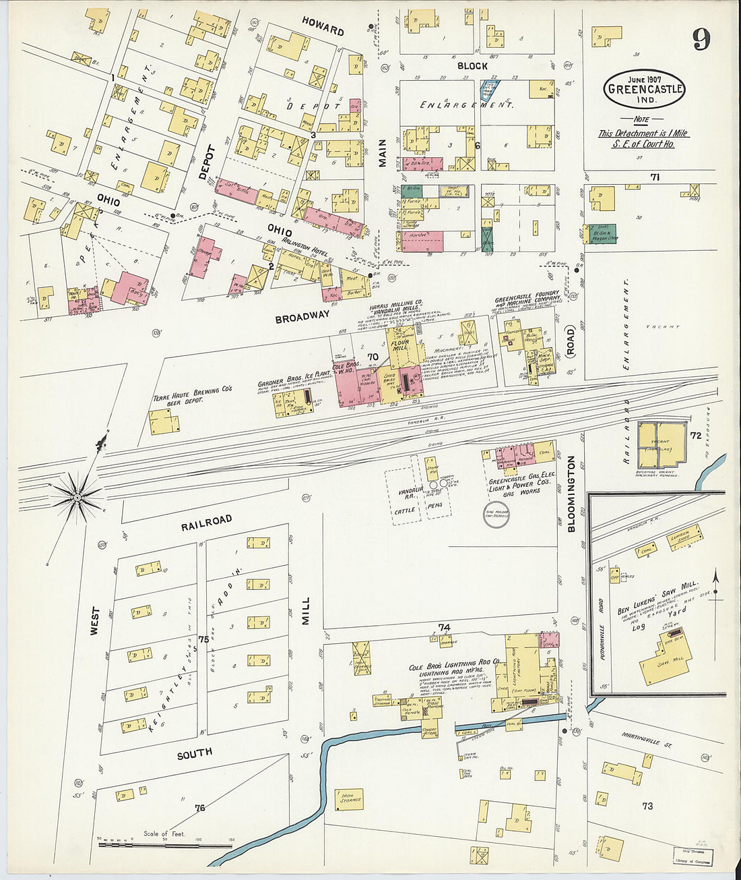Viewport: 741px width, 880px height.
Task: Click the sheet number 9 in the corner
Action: [x=701, y=40]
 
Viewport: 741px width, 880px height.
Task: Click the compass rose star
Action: [x=77, y=497]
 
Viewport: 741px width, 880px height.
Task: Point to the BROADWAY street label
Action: [x=302, y=316]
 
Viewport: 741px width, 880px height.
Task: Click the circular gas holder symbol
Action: [x=496, y=517]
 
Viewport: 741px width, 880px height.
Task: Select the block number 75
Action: [x=203, y=639]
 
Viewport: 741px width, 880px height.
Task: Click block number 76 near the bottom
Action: [x=199, y=807]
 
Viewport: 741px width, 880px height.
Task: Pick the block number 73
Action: [x=647, y=806]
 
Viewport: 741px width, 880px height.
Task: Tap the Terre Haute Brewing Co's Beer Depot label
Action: [x=192, y=394]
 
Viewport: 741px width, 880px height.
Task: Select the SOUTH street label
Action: [x=194, y=753]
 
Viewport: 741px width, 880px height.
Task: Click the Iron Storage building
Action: [x=348, y=799]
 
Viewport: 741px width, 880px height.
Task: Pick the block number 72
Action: [x=695, y=436]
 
